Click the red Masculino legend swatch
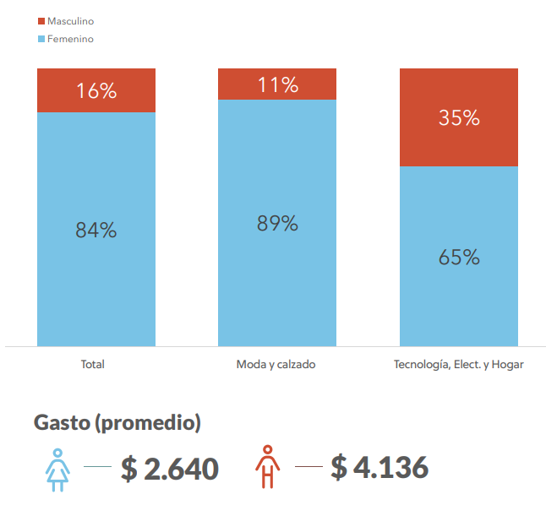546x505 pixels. point(41,21)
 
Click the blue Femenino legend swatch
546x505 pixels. point(41,39)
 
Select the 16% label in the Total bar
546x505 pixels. point(96,91)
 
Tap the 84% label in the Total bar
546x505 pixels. point(96,230)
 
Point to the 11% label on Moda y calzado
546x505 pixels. point(277,84)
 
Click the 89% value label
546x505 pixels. point(277,224)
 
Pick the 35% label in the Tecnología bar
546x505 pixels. point(459,118)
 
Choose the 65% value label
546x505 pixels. point(459,257)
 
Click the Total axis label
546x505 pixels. point(92,365)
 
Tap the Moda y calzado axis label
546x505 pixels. point(276,365)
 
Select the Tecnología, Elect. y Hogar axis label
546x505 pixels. point(459,365)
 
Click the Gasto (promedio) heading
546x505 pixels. point(117,423)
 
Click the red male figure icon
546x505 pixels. point(268,466)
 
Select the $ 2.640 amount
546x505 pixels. point(170,468)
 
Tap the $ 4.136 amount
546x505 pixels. point(379,467)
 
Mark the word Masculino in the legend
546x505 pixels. point(71,21)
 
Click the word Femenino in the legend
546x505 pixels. point(70,39)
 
